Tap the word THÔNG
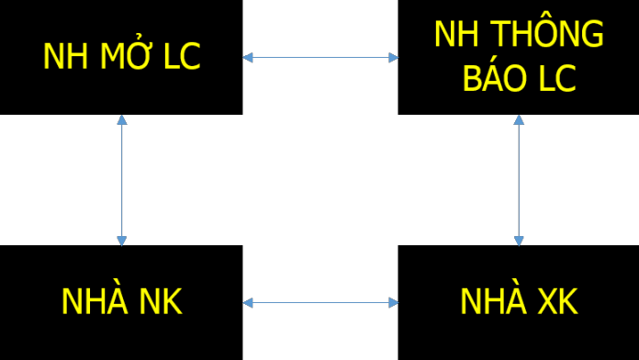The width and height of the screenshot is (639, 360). point(546,32)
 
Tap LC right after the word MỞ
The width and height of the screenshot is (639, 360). point(182,56)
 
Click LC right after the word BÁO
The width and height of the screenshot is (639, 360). point(556,77)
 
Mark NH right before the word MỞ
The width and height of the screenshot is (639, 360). point(65,56)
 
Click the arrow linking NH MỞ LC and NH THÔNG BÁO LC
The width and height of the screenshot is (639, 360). point(320,58)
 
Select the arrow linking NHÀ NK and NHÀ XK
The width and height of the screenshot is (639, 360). point(320,302)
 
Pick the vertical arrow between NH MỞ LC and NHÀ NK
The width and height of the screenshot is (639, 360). point(122,180)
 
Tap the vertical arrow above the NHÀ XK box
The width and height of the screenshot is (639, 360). point(519,180)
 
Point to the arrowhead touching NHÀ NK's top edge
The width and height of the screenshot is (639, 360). point(122,241)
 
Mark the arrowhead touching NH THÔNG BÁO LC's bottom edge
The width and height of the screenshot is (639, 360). point(519,120)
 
